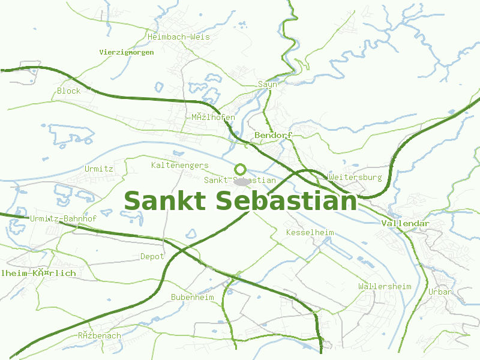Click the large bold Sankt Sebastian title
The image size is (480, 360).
pos(240,201)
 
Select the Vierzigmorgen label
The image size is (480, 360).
pos(127,52)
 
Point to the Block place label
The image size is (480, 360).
pos(68,91)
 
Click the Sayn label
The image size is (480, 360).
pos(268,84)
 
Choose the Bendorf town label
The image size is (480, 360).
pos(273,135)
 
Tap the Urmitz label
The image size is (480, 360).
pos(98,169)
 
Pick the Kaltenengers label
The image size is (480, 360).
pos(179,165)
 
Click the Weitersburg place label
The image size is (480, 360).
pos(355,177)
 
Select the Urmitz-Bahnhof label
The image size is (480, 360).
pos(63,219)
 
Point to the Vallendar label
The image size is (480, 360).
pos(406,224)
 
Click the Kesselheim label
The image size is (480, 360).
pos(310,232)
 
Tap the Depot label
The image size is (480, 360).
pos(152,256)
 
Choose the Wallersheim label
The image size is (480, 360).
pos(385,286)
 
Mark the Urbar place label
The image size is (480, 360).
pos(440,292)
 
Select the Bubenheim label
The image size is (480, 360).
pos(192,297)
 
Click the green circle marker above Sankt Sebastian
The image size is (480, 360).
pos(241,169)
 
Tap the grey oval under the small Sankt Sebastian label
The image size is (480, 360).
pos(241,181)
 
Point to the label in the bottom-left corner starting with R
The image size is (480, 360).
pos(99,335)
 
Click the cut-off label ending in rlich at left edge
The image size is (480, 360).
pos(38,273)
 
